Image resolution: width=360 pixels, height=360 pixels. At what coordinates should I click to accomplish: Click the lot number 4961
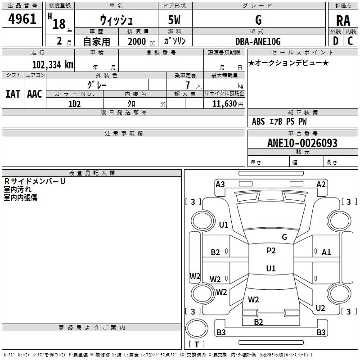tap(22, 19)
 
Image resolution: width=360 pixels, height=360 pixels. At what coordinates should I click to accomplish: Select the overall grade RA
tap(343, 21)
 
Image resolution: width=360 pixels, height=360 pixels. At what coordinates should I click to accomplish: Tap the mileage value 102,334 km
tap(53, 64)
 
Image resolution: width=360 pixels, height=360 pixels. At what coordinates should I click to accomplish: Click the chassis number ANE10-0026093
tap(302, 143)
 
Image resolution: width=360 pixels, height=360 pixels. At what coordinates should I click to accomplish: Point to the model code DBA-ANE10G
tap(258, 41)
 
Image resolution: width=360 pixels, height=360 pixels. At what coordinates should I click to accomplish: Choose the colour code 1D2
tap(74, 104)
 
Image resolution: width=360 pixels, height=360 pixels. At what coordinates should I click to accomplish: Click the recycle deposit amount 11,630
tap(224, 104)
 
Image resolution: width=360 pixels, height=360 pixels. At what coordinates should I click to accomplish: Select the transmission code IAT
tap(13, 94)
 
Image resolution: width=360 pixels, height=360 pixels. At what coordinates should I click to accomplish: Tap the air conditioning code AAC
tap(35, 94)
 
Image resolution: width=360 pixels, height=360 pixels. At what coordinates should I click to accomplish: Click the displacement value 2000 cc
tap(141, 42)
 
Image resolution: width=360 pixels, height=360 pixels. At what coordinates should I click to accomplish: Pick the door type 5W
tap(174, 20)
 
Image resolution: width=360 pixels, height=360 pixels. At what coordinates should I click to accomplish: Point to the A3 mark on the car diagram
tap(220, 184)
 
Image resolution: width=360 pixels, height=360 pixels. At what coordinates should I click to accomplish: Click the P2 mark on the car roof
tap(271, 251)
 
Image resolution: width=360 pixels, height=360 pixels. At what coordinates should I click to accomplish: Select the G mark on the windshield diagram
tap(284, 237)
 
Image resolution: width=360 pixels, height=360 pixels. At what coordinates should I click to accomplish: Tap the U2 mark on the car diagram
tap(320, 308)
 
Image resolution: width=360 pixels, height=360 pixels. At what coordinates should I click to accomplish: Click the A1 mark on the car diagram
tap(326, 252)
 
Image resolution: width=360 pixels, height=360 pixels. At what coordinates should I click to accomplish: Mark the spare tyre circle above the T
tap(197, 328)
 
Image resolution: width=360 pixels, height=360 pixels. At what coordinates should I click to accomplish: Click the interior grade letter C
tap(350, 41)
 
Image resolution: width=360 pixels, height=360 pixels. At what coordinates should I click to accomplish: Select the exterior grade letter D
tap(336, 41)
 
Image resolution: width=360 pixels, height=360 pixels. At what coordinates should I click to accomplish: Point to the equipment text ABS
tap(258, 121)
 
